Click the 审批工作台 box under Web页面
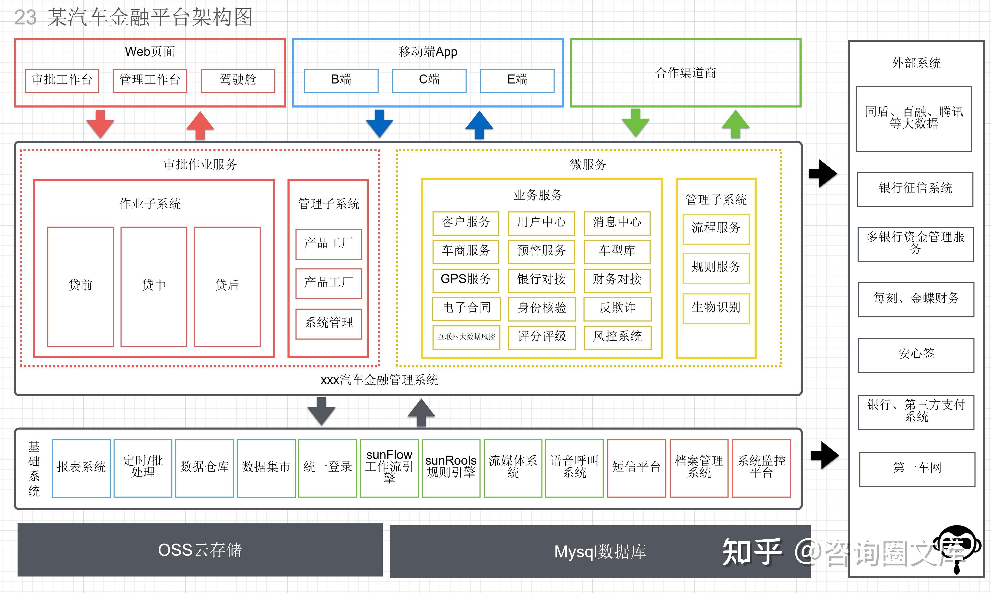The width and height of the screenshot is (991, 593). [x=62, y=81]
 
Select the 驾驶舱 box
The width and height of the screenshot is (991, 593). [x=238, y=81]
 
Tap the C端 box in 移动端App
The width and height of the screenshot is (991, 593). [x=429, y=81]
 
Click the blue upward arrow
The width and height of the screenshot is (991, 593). [x=479, y=125]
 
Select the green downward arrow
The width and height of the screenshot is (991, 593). [x=635, y=123]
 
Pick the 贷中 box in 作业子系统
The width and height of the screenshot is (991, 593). [x=154, y=286]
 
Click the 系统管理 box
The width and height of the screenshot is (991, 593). [x=329, y=324]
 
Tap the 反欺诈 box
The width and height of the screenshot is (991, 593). [x=617, y=308]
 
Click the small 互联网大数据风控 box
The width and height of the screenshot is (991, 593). [x=466, y=337]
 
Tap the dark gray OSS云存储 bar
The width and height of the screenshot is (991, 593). [x=200, y=550]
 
